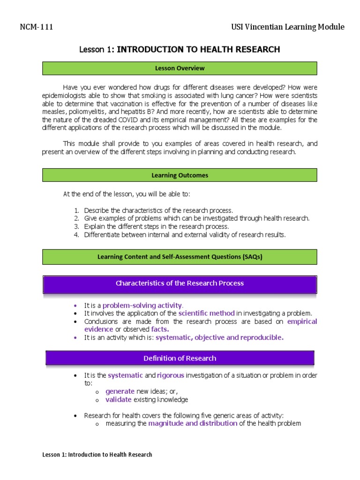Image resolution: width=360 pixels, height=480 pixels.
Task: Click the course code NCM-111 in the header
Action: click(x=37, y=27)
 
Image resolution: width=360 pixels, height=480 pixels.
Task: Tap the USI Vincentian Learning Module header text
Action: click(x=288, y=27)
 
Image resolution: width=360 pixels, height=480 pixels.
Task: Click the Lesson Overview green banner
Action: click(x=180, y=68)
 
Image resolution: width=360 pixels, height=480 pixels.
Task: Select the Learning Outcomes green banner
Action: click(x=180, y=175)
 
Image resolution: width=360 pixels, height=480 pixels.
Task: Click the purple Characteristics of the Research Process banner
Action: click(x=180, y=283)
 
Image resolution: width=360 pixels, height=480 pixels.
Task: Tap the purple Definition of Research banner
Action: click(x=180, y=358)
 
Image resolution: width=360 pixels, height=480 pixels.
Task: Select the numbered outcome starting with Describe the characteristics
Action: click(x=158, y=210)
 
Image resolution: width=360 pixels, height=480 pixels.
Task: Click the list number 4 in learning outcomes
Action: click(x=76, y=235)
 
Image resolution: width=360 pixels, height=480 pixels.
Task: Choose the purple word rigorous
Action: click(x=171, y=375)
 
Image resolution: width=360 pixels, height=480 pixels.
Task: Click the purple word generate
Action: click(x=120, y=391)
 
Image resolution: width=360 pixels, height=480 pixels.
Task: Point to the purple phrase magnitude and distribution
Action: click(x=193, y=423)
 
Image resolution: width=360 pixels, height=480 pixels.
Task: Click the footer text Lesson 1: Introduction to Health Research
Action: click(x=97, y=455)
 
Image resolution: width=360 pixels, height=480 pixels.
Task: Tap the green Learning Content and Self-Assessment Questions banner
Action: click(x=180, y=257)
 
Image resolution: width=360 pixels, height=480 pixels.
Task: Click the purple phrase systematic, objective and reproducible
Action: click(x=219, y=337)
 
